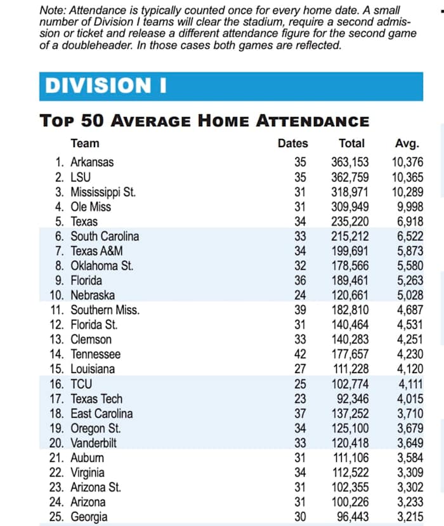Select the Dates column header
(x=292, y=143)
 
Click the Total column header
(x=351, y=143)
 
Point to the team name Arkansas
(x=92, y=162)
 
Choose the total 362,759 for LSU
(x=349, y=176)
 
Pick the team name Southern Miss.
(x=105, y=310)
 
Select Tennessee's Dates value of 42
(x=300, y=354)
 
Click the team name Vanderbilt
(x=95, y=443)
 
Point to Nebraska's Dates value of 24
(x=300, y=295)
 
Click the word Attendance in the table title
(x=311, y=121)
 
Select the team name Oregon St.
(x=96, y=428)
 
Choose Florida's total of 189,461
(x=349, y=280)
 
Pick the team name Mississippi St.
(x=103, y=192)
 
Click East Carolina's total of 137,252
(x=349, y=414)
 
